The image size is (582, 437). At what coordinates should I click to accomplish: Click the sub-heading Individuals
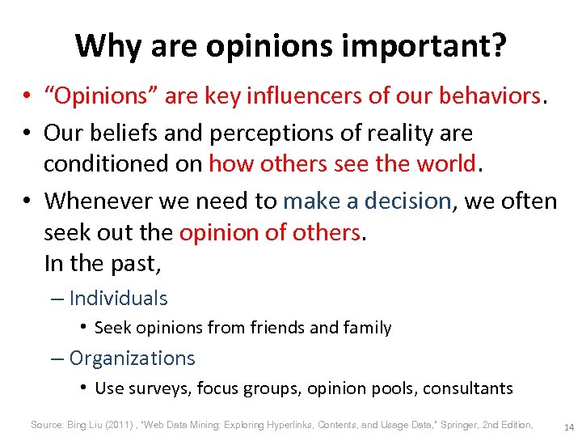tap(118, 298)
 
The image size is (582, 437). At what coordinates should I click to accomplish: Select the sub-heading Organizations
tap(132, 358)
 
